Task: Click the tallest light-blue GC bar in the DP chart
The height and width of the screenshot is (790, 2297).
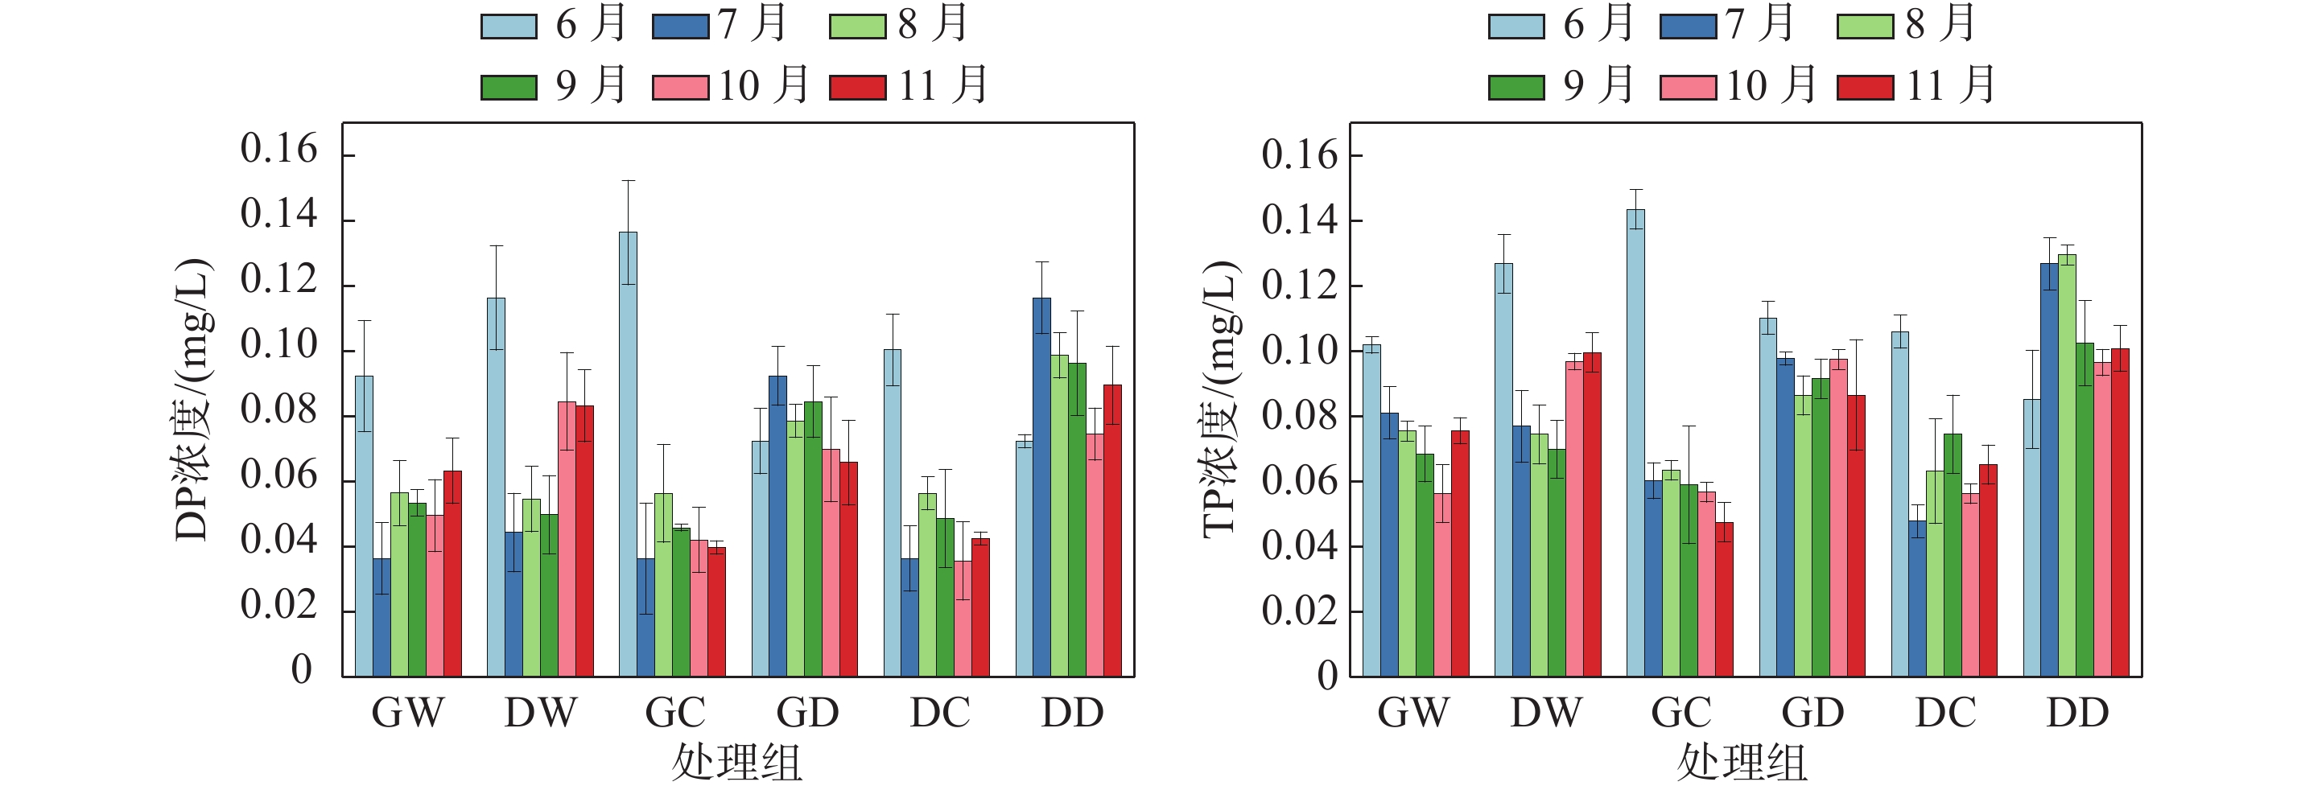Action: (628, 455)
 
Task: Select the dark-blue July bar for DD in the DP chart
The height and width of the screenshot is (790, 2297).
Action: (1041, 487)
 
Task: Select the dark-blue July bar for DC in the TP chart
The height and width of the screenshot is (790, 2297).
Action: (1917, 599)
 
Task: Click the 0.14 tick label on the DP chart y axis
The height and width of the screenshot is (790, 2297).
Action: (278, 215)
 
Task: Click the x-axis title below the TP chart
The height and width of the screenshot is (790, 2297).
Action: (1742, 763)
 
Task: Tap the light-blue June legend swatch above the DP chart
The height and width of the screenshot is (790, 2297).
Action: (509, 27)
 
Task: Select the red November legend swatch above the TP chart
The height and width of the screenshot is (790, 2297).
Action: (1865, 88)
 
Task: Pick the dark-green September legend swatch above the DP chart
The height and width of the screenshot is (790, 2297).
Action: (509, 88)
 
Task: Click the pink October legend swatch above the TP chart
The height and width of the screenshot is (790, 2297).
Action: (1687, 88)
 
